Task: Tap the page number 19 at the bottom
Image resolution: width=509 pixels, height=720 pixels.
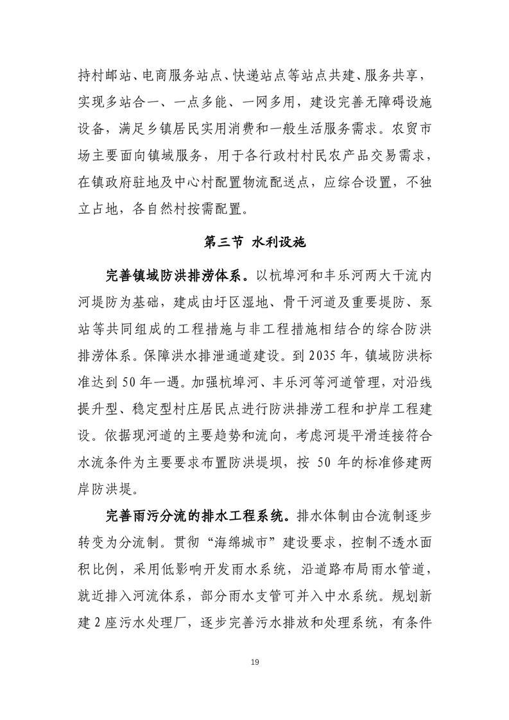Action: pyautogui.click(x=255, y=663)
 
